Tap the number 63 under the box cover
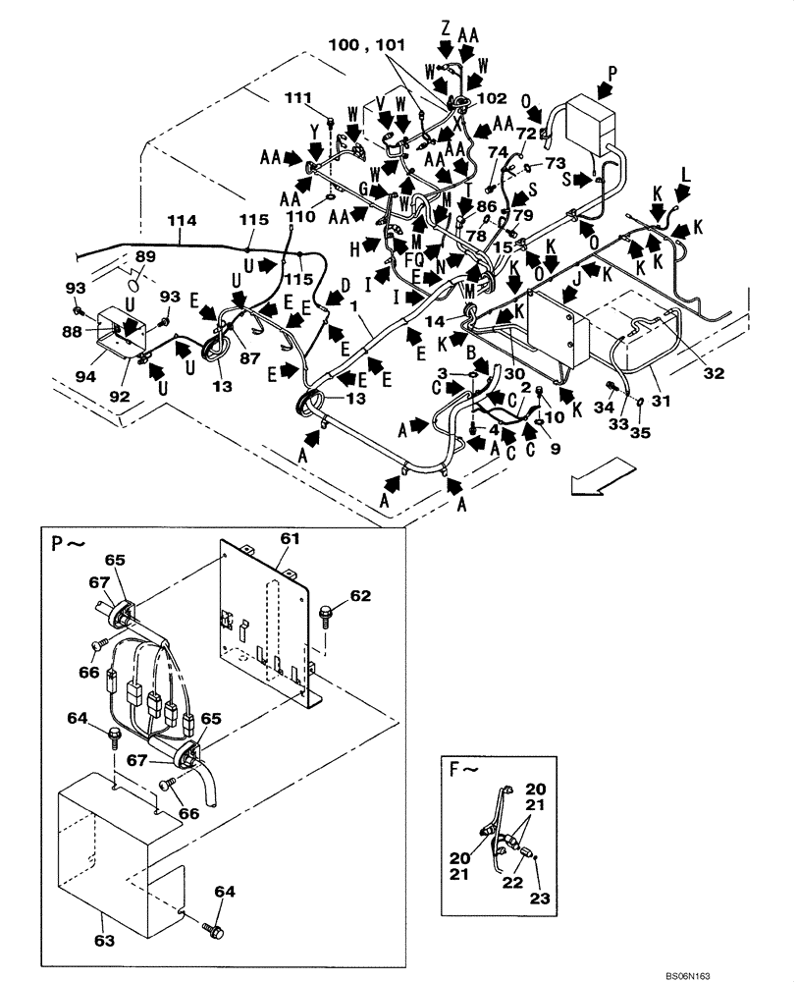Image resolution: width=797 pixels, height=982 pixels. click(104, 941)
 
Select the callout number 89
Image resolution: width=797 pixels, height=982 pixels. click(145, 256)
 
